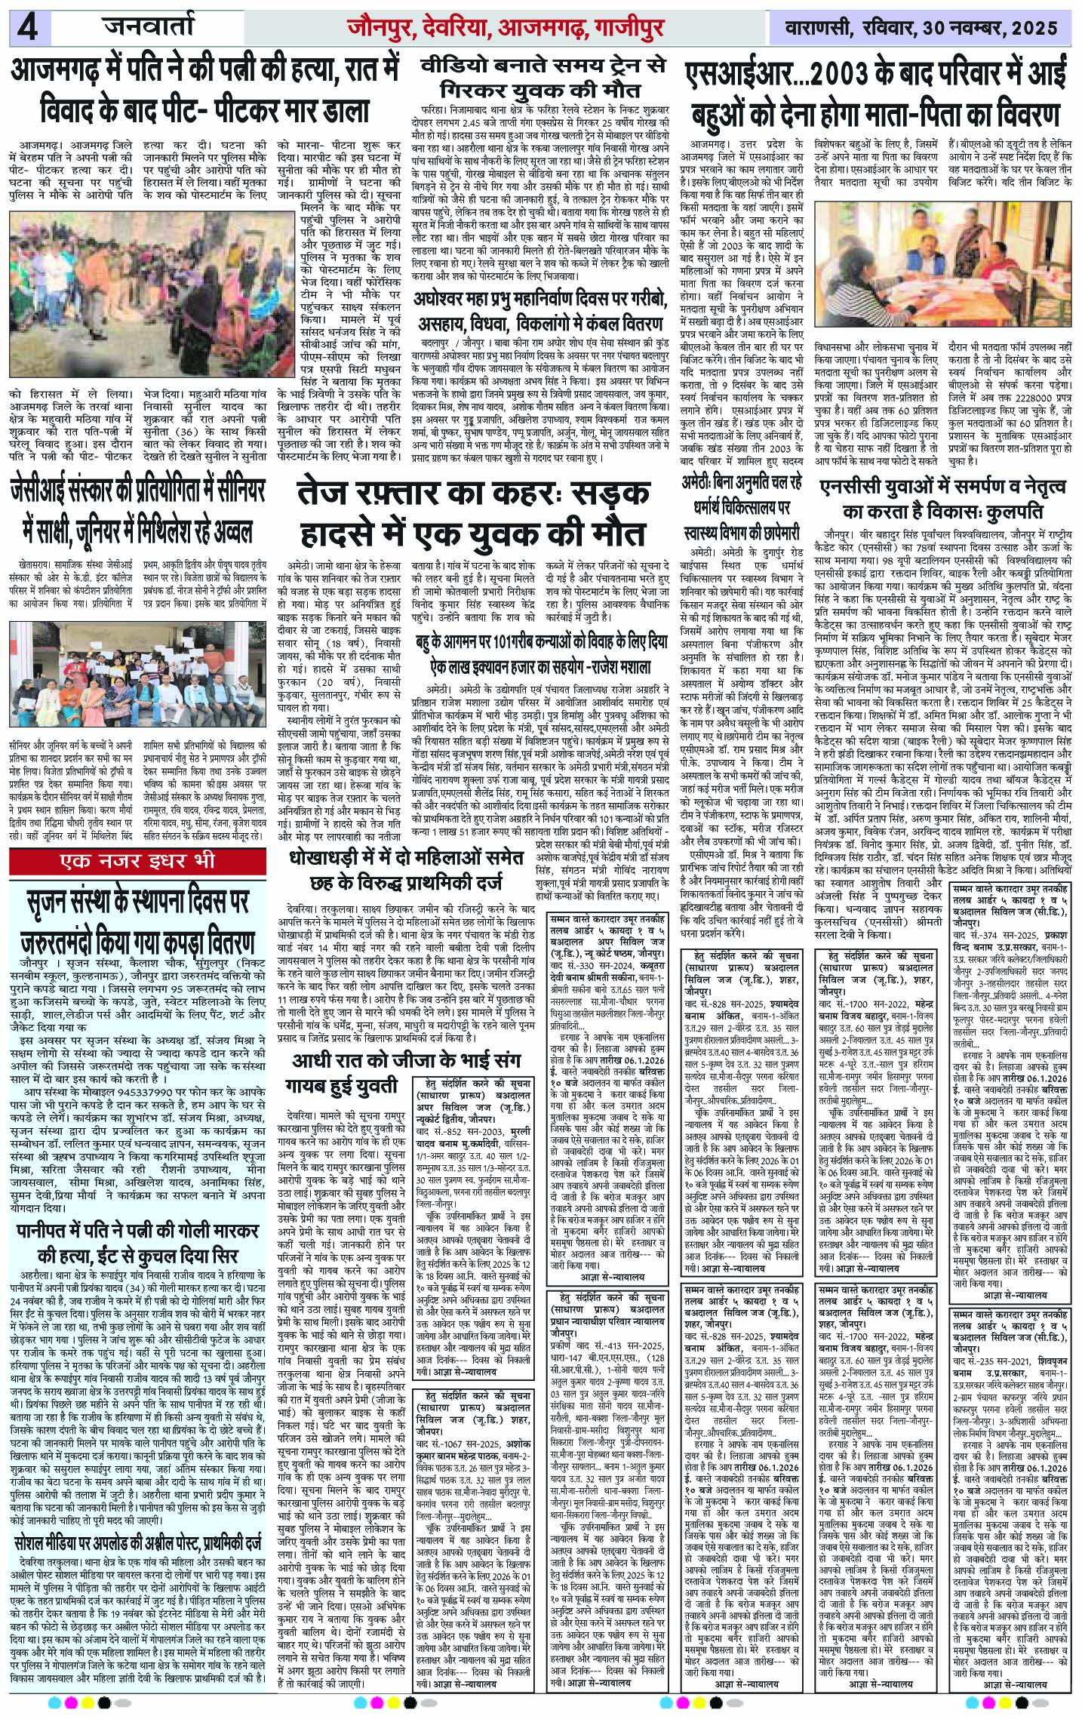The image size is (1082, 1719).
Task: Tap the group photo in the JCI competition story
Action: [139, 689]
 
